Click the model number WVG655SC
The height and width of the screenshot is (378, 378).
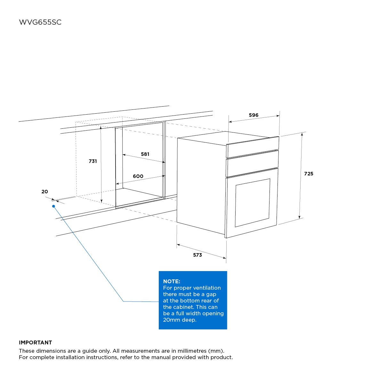tap(40, 22)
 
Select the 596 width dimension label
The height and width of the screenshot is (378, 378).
tap(253, 115)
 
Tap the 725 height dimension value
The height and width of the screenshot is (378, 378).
tap(309, 173)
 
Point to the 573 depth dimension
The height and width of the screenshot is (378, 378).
tap(197, 255)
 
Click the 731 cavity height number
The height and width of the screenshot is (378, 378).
tap(93, 161)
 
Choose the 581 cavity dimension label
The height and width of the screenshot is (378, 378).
tap(145, 154)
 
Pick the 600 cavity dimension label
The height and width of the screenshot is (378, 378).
tap(138, 176)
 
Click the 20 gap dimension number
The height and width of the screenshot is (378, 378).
tap(44, 192)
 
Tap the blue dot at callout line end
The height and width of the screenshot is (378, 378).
tap(53, 206)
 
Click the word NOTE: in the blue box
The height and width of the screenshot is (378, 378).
tap(172, 281)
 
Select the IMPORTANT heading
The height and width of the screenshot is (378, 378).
tap(36, 342)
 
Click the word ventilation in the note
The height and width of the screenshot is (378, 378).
tap(207, 288)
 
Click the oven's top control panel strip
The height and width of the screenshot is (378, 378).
tap(253, 147)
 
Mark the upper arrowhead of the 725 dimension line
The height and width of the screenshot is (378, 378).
tap(302, 134)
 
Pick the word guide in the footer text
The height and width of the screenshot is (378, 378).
tap(89, 351)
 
